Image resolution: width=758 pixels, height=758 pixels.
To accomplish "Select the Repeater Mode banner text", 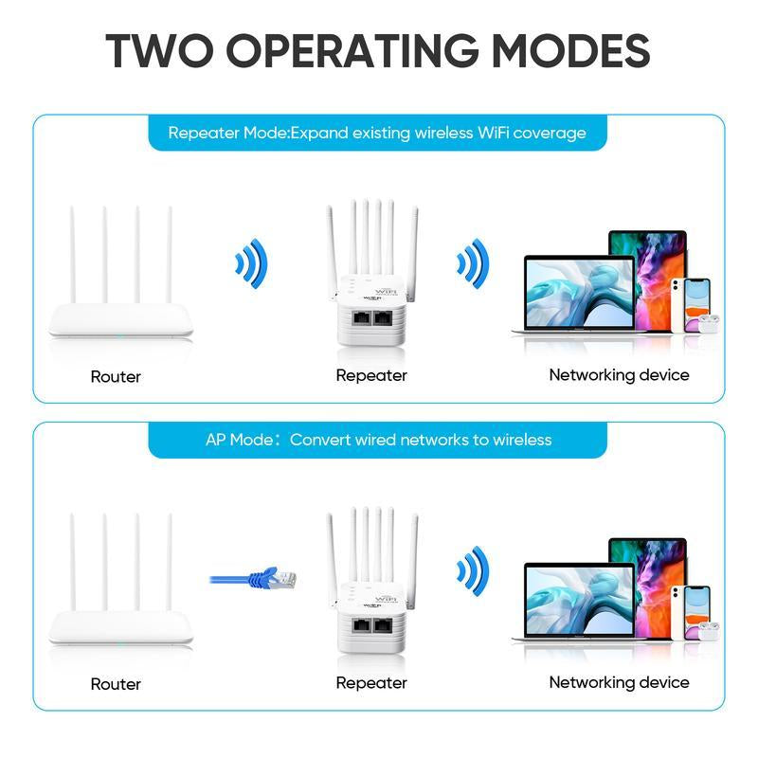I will pyautogui.click(x=377, y=134).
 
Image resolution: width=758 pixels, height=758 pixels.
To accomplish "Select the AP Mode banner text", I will pyautogui.click(x=377, y=440).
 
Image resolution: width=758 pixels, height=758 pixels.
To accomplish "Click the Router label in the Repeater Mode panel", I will pyautogui.click(x=116, y=376).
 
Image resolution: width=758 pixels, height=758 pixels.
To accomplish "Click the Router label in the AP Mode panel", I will pyautogui.click(x=116, y=683).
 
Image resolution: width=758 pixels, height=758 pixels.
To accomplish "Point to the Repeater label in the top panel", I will pyautogui.click(x=371, y=375).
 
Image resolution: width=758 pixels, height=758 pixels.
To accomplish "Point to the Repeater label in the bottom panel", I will pyautogui.click(x=371, y=682).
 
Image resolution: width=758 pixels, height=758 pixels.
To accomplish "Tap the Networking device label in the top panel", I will pyautogui.click(x=619, y=375).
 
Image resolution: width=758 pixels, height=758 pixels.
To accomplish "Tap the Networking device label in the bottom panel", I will pyautogui.click(x=619, y=682).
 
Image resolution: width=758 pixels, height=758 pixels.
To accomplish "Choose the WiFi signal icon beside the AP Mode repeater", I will pyautogui.click(x=471, y=568).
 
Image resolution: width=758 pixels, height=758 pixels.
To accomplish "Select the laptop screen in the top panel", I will pyautogui.click(x=578, y=293).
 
